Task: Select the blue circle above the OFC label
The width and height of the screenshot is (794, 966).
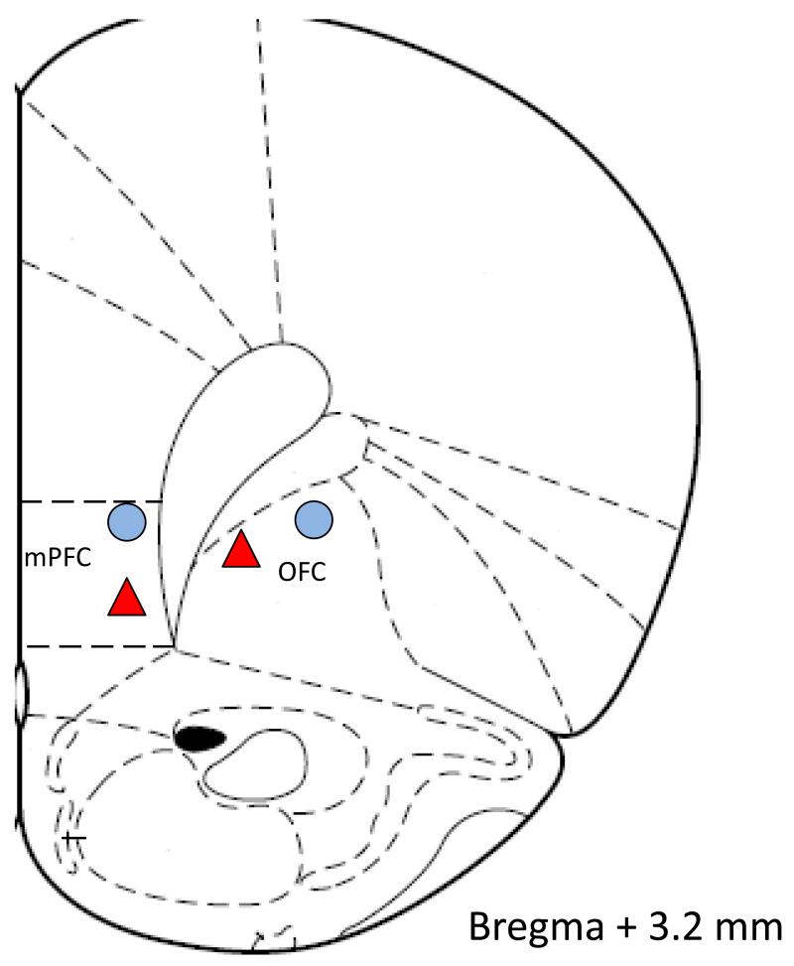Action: [314, 518]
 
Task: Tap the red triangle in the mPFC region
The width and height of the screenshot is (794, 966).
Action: [127, 597]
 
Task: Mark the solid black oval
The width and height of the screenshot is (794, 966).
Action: [198, 738]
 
